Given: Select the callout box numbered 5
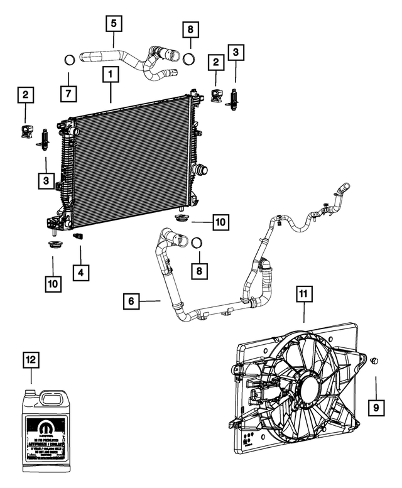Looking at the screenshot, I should [113, 24].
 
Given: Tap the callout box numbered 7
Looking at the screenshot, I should [68, 93].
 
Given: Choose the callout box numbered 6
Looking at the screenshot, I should [131, 302].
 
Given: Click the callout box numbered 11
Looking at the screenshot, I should [304, 294].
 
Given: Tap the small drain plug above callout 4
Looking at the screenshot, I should [79, 237].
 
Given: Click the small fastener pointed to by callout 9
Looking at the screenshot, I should [374, 361].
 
